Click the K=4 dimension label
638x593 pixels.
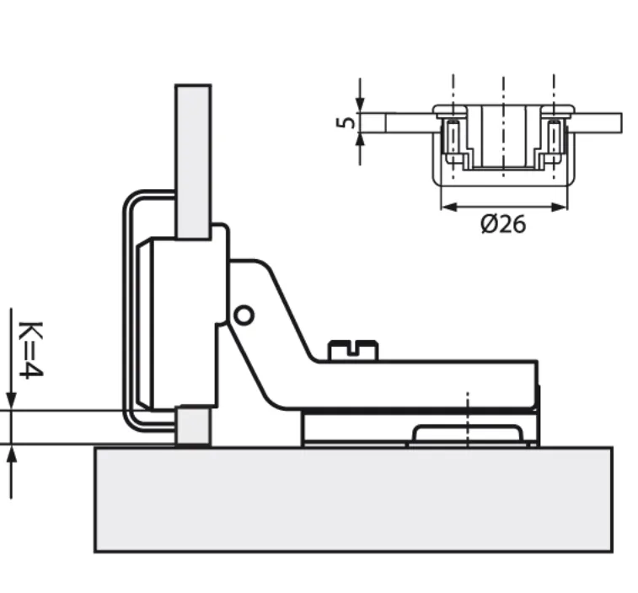pyautogui.click(x=31, y=350)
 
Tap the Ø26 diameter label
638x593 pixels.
pyautogui.click(x=503, y=224)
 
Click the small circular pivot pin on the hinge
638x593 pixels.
pyautogui.click(x=244, y=315)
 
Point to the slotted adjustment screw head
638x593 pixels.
pyautogui.click(x=353, y=350)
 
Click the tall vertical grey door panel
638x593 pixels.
pyautogui.click(x=193, y=162)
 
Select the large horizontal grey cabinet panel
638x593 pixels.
pyautogui.click(x=354, y=499)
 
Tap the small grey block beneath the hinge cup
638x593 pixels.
pyautogui.click(x=192, y=427)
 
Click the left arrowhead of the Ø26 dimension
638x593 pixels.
pyautogui.click(x=448, y=208)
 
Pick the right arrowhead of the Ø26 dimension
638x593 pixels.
pyautogui.click(x=560, y=208)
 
